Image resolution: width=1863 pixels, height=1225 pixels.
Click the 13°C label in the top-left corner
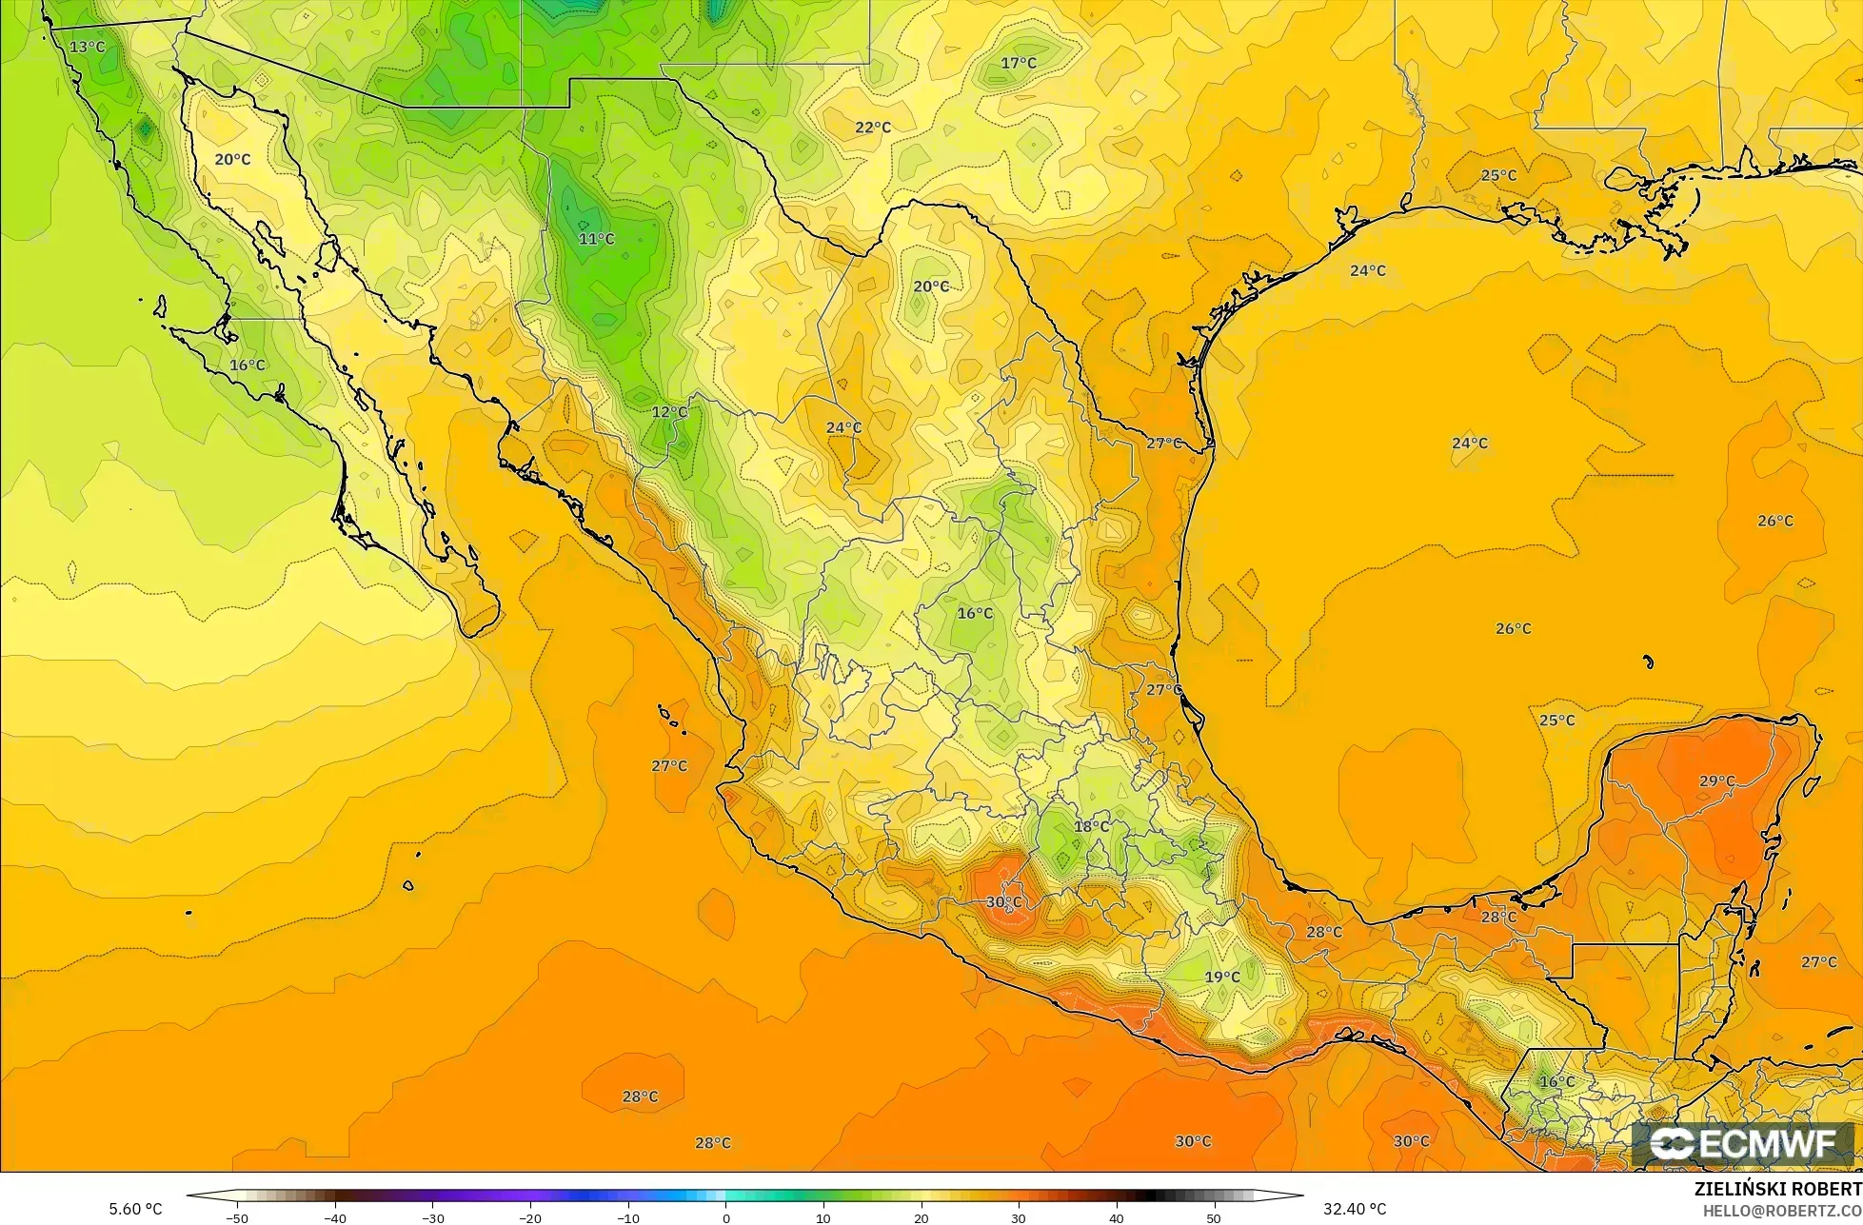87,47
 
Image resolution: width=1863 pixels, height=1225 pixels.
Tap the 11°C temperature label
597,239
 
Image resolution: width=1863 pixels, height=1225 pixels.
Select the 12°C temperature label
669,412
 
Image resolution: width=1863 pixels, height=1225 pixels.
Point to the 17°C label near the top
1019,63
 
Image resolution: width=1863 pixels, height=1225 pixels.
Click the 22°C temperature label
873,128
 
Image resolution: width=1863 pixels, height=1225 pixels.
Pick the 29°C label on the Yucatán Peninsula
1717,781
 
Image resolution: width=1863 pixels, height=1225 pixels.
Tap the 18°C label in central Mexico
1091,826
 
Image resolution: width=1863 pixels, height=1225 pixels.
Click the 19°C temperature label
1222,978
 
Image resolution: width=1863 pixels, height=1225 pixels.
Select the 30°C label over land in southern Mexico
1003,901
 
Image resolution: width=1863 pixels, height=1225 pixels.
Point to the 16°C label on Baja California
248,366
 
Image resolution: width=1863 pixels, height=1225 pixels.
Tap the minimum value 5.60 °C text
136,1209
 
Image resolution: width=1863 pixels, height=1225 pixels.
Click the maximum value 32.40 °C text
1355,1209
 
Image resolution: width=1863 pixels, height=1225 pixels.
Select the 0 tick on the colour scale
725,1217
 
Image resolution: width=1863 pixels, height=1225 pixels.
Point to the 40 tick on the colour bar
1116,1217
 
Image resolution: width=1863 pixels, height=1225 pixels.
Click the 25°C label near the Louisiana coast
1498,175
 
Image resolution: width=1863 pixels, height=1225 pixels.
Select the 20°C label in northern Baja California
232,160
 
